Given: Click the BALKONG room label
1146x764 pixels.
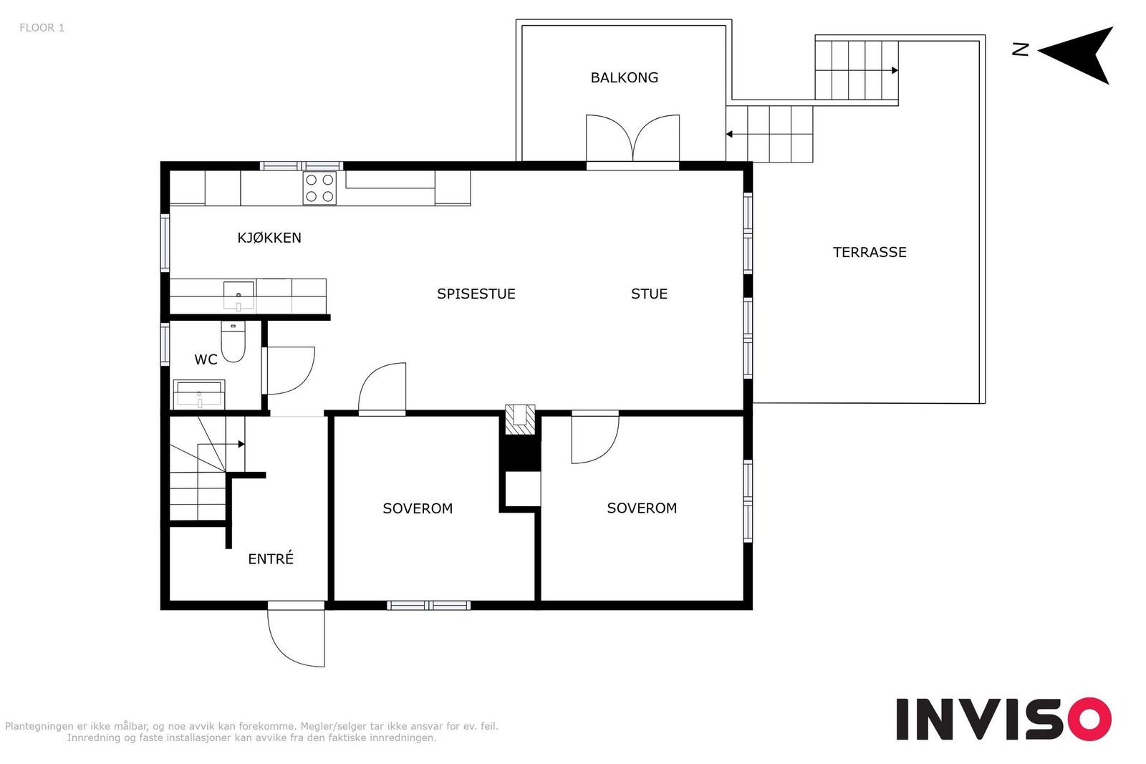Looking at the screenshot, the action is [x=624, y=78].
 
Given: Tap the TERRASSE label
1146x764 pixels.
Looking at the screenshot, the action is [x=870, y=252].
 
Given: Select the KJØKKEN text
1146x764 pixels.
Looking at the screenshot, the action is [x=269, y=238].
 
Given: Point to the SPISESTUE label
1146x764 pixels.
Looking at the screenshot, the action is [x=476, y=294].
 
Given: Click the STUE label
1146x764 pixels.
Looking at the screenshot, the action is [x=649, y=294].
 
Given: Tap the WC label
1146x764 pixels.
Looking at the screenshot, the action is [x=206, y=360].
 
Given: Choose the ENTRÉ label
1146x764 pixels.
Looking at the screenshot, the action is [x=271, y=559].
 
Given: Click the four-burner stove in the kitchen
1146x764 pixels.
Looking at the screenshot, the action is [x=319, y=188].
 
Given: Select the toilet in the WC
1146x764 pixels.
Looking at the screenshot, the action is [x=233, y=342].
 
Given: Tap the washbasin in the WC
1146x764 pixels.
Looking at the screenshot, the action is [x=199, y=395].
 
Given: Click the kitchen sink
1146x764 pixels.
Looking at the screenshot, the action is [x=239, y=296].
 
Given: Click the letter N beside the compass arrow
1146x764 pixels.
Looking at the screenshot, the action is [x=1020, y=49].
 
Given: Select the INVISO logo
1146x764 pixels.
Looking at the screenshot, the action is [x=1003, y=719].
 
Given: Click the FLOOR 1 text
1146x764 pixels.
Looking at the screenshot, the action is [x=42, y=28].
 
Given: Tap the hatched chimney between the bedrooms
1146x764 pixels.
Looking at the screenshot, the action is [x=520, y=420].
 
